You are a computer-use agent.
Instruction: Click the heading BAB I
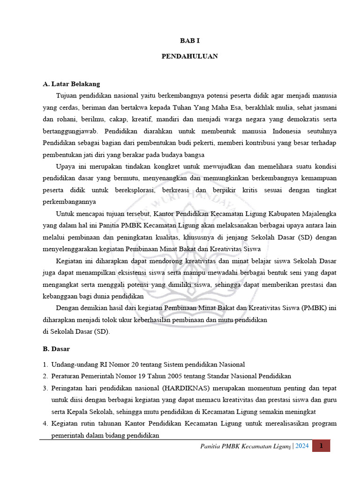click(190, 41)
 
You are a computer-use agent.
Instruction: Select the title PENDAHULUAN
click(190, 56)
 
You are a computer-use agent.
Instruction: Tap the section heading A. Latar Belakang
click(71, 84)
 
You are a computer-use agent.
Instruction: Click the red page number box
click(321, 446)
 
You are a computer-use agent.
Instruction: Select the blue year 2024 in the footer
click(302, 446)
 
